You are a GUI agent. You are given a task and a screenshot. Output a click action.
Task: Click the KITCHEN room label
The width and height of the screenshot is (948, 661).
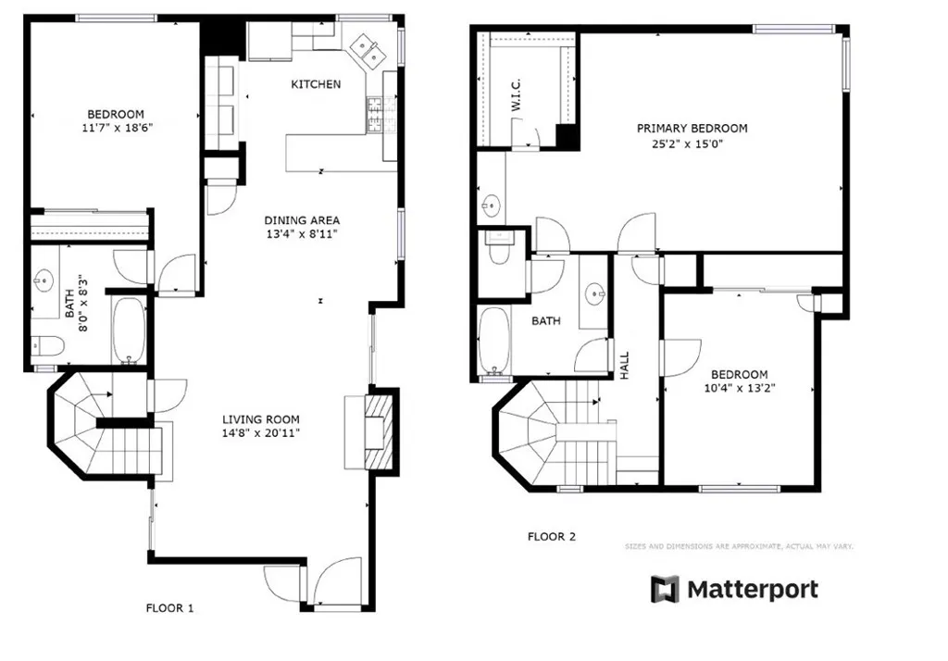pyautogui.click(x=316, y=84)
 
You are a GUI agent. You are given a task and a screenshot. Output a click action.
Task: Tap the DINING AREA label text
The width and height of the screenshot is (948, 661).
pyautogui.click(x=302, y=220)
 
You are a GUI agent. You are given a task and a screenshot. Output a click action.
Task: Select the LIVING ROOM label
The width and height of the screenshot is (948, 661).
pyautogui.click(x=260, y=418)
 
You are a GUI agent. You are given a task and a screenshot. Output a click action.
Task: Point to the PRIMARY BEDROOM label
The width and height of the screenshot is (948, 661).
pyautogui.click(x=692, y=128)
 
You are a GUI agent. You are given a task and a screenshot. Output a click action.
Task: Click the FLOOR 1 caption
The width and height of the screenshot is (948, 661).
pyautogui.click(x=169, y=608)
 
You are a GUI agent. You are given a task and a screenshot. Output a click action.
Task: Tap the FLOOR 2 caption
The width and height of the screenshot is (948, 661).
pyautogui.click(x=552, y=536)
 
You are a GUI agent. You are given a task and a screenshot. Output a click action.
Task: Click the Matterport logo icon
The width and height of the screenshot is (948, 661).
pyautogui.click(x=665, y=589)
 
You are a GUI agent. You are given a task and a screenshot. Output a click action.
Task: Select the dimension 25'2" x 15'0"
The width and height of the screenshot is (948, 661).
pyautogui.click(x=692, y=143)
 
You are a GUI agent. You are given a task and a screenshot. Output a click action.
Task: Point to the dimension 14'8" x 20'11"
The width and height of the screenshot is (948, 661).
pyautogui.click(x=260, y=432)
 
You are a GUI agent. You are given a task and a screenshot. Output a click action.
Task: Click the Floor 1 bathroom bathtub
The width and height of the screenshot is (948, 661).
pyautogui.click(x=129, y=330)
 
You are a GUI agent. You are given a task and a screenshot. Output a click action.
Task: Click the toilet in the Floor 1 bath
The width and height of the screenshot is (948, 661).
pyautogui.click(x=46, y=347)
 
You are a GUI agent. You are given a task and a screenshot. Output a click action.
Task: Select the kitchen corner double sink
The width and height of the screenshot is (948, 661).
pyautogui.click(x=368, y=49)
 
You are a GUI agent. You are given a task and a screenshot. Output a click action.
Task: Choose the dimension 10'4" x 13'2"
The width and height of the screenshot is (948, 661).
pyautogui.click(x=740, y=389)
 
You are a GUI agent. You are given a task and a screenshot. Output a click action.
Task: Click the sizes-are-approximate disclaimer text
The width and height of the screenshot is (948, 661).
pyautogui.click(x=739, y=546)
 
